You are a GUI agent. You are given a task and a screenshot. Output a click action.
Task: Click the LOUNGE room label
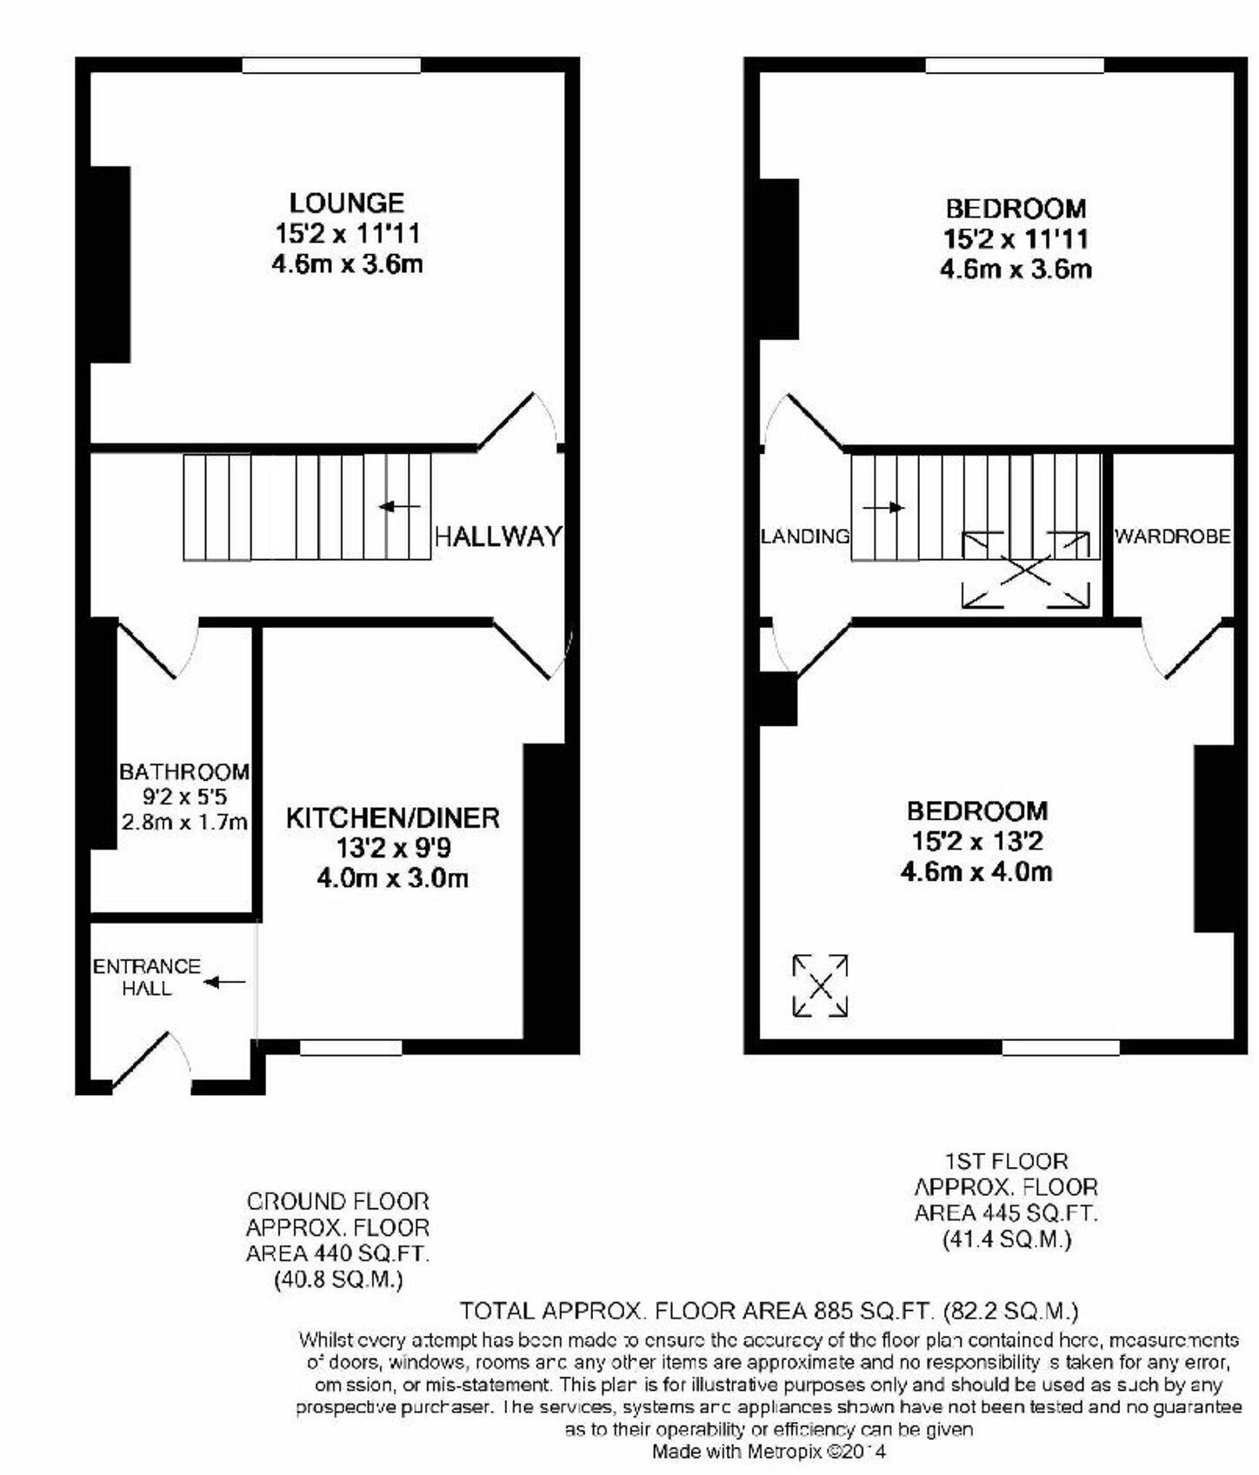click(346, 204)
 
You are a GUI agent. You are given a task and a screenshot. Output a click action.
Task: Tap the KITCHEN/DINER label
click(393, 818)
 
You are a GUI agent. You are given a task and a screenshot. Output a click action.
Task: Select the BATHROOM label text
click(184, 772)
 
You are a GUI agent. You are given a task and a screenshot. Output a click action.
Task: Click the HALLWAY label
click(498, 537)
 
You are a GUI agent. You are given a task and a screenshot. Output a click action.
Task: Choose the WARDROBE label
click(1172, 537)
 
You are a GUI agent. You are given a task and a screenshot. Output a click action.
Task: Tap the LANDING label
click(805, 537)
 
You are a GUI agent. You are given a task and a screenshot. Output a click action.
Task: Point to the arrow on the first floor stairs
click(883, 508)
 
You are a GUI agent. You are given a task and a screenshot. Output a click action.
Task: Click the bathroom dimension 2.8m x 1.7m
click(184, 822)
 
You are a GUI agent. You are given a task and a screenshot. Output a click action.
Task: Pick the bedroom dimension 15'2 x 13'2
click(976, 842)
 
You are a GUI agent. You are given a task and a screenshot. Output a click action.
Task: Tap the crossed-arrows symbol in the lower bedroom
click(820, 985)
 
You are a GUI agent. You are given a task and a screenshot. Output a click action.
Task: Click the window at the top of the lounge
click(331, 65)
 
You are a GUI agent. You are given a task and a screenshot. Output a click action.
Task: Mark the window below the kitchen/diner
click(350, 1048)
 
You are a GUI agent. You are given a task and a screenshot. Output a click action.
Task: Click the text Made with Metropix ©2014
click(769, 1452)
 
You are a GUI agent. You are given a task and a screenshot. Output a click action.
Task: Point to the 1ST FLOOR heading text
click(1006, 1161)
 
